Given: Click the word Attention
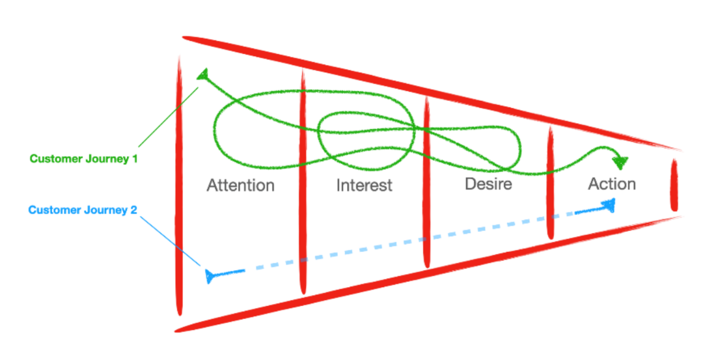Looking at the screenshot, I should click(x=240, y=186).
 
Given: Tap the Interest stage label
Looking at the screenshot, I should click(x=364, y=186).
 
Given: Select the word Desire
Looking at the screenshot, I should click(x=488, y=184).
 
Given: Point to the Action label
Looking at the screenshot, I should click(x=611, y=184).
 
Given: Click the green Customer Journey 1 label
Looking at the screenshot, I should click(x=83, y=158).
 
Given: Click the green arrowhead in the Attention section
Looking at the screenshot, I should click(x=204, y=76).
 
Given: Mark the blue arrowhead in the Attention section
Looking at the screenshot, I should click(x=210, y=275).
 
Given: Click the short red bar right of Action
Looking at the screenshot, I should click(x=674, y=186).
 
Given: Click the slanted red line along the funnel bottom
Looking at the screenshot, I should click(x=430, y=274).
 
